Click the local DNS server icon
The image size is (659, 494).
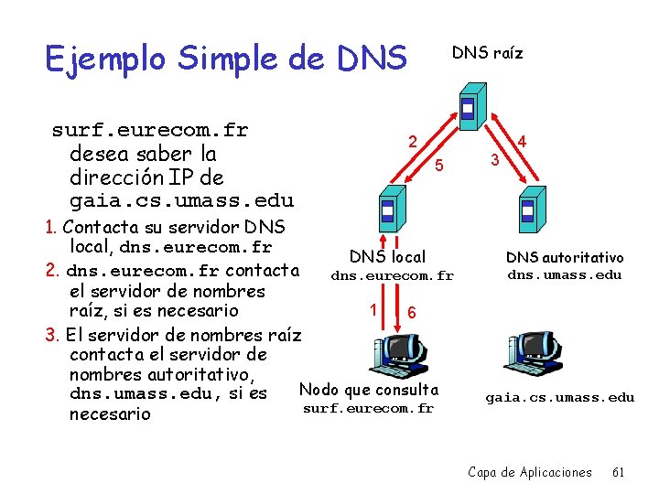[x=387, y=211]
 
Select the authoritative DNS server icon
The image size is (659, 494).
[x=527, y=211]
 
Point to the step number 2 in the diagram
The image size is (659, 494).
[x=413, y=142]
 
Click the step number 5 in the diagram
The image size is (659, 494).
[x=439, y=166]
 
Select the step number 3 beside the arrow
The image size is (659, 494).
[x=493, y=161]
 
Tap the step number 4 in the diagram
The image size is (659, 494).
[x=522, y=142]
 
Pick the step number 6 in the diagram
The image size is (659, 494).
[x=412, y=312]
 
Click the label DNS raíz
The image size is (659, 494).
[x=487, y=53]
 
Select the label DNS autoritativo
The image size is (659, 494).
[x=565, y=258]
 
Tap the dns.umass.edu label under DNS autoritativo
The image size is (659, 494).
[x=565, y=274]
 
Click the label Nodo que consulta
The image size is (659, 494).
[x=369, y=390]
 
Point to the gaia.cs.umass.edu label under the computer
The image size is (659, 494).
[x=559, y=397]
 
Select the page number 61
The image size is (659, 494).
[x=618, y=472]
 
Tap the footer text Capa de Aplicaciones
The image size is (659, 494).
[x=530, y=472]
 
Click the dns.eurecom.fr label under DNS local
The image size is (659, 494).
[x=392, y=275]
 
